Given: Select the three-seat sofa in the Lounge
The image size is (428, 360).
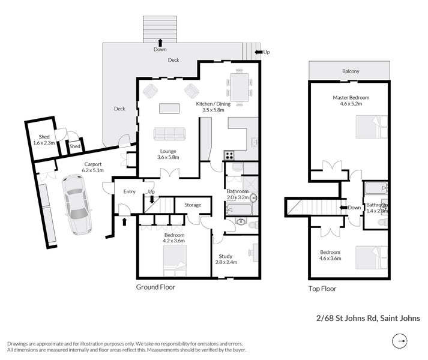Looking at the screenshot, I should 169,134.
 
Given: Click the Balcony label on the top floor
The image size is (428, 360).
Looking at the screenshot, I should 351,71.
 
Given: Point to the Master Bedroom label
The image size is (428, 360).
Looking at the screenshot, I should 351,97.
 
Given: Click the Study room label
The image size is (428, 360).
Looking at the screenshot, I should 225,256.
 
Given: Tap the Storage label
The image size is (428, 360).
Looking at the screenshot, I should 193,205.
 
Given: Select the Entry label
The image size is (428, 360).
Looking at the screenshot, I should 129,191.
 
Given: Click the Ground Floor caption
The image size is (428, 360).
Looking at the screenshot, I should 155,287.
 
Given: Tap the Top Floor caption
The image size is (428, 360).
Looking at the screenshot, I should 323,289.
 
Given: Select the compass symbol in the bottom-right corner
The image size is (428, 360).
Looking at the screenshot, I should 399,341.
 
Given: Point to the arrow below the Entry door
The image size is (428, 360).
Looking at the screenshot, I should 125,222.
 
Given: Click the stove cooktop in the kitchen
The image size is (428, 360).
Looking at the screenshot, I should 229,155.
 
